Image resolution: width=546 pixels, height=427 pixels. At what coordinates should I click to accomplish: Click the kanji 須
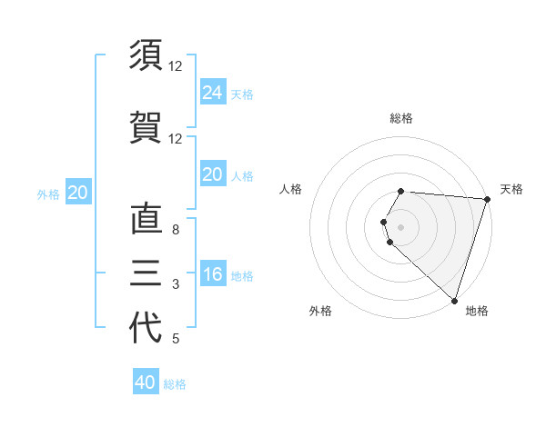(x=145, y=55)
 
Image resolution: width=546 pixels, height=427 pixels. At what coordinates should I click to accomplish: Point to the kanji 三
(x=145, y=273)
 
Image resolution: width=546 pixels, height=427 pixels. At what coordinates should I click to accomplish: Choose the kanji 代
(x=145, y=328)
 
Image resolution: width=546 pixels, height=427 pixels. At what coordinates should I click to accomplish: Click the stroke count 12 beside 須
(x=176, y=66)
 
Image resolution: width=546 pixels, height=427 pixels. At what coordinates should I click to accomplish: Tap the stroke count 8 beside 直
(x=176, y=230)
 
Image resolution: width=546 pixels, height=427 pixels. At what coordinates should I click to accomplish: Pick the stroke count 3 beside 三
(x=176, y=284)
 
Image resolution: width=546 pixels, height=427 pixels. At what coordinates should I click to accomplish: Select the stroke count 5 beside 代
(x=176, y=339)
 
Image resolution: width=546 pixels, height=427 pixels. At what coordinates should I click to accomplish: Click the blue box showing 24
(x=212, y=92)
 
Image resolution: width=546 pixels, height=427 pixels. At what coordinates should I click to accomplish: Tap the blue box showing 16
(x=212, y=274)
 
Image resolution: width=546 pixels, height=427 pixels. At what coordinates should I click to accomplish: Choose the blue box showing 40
(x=146, y=382)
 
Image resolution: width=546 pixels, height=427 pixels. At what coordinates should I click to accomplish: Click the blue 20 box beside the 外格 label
(x=78, y=192)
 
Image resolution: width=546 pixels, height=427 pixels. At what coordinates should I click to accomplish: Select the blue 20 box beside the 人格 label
(x=212, y=174)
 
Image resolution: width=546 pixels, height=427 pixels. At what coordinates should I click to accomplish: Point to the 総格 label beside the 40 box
(x=175, y=384)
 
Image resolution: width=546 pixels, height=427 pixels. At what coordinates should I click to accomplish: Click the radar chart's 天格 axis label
(x=511, y=189)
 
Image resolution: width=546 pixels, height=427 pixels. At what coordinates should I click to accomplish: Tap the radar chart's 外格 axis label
(x=320, y=311)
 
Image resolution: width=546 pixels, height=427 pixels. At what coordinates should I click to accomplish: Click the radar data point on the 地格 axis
(x=454, y=300)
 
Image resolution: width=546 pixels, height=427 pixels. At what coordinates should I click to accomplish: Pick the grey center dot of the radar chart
(x=401, y=226)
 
